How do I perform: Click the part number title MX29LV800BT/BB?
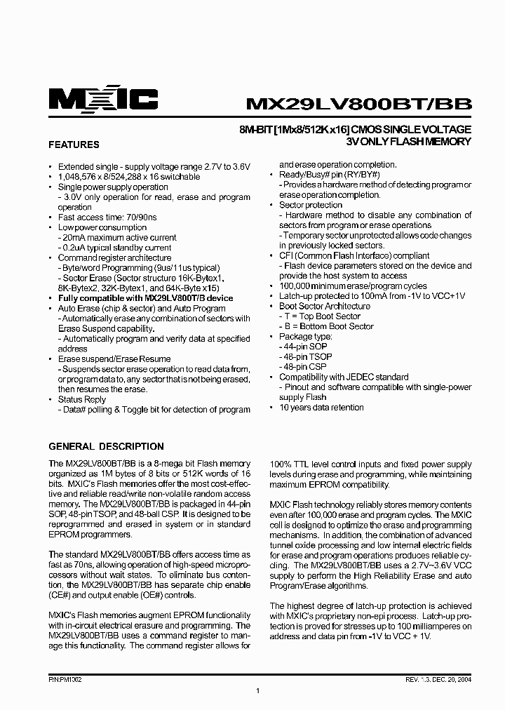[358, 103]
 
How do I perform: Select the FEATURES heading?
[73, 145]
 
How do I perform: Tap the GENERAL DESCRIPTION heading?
[106, 446]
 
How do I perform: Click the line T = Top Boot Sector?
[322, 316]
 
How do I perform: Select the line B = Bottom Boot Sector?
[328, 326]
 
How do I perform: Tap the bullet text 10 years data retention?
[323, 407]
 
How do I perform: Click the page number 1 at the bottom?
[258, 691]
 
